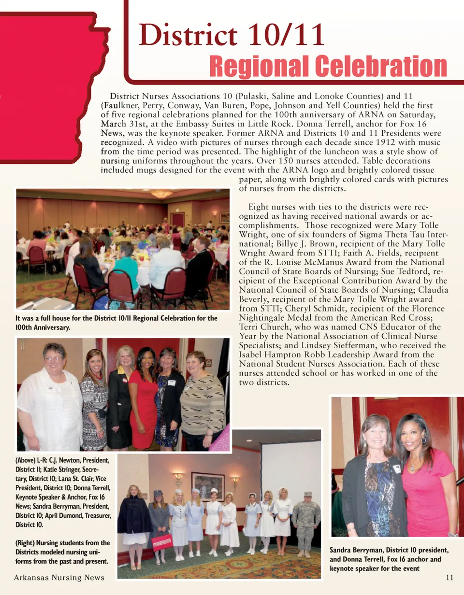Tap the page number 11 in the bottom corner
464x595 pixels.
(449, 578)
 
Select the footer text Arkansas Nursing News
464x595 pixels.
(59, 578)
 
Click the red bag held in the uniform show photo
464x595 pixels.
(161, 542)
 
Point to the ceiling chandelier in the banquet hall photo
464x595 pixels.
(161, 194)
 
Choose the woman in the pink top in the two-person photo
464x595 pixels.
(425, 478)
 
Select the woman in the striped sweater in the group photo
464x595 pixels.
(202, 401)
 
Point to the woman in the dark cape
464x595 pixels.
(134, 522)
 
